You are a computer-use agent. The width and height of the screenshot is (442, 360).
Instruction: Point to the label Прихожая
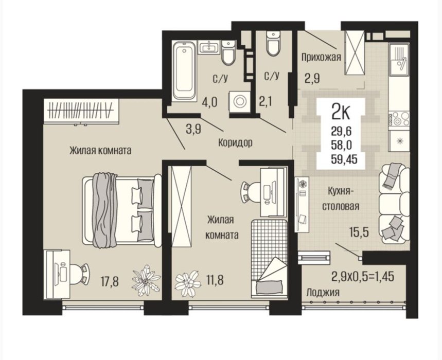point(321,57)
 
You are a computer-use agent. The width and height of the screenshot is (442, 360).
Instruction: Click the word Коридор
point(235,143)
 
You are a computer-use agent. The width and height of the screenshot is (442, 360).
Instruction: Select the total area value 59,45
point(344,160)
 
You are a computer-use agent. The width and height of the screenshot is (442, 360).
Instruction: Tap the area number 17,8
point(110,281)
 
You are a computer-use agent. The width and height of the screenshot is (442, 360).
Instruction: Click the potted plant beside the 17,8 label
point(146,280)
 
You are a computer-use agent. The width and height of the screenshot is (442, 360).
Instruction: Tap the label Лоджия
point(323,293)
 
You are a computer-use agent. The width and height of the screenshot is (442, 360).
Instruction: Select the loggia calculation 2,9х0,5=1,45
point(363,277)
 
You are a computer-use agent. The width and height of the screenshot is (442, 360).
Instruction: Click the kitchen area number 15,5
point(359,233)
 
